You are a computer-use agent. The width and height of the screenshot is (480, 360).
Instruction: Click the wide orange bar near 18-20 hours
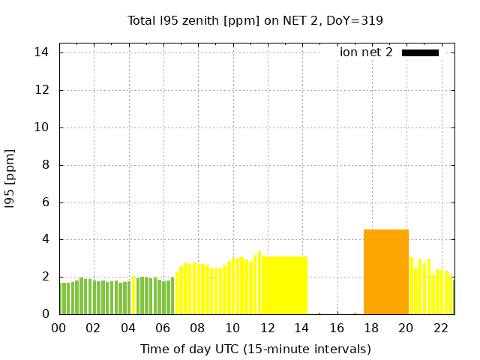(x=386, y=271)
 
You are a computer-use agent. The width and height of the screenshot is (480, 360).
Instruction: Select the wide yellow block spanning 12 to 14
(x=284, y=285)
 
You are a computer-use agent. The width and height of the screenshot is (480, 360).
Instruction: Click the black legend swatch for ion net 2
(x=420, y=52)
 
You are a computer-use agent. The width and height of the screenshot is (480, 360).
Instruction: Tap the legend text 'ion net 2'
(x=366, y=52)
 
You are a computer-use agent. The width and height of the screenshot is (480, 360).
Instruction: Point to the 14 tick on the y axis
(x=41, y=52)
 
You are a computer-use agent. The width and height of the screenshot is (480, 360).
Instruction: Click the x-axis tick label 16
(x=337, y=328)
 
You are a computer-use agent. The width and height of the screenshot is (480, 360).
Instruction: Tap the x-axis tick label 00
(x=59, y=328)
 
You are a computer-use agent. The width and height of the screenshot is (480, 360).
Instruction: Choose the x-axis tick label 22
(x=441, y=328)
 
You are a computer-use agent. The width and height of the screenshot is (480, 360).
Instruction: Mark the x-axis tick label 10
(x=232, y=328)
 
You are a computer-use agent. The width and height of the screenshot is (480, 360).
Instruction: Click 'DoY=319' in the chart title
(x=354, y=20)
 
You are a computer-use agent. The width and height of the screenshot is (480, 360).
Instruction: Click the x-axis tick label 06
(x=163, y=328)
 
